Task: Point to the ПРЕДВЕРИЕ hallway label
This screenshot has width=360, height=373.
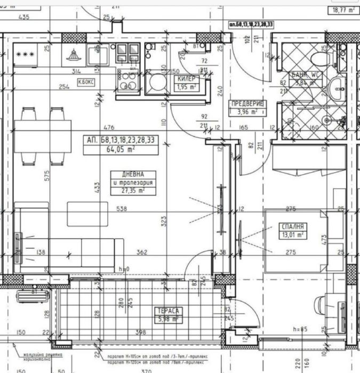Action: [x=243, y=104]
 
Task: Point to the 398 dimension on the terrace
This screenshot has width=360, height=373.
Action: [x=140, y=333]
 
